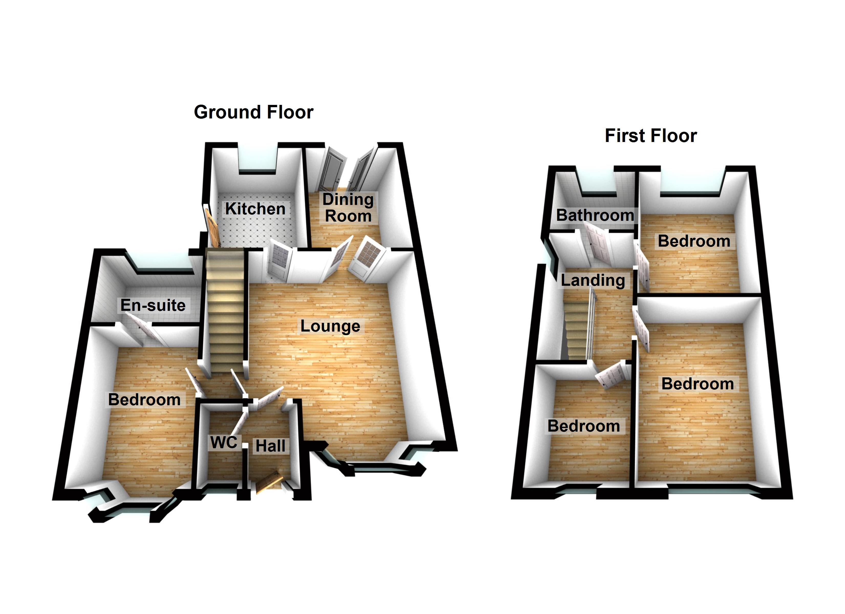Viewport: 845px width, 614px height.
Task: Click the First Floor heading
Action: [650, 136]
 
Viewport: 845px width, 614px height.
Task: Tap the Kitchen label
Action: [255, 209]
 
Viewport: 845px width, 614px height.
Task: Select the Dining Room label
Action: [348, 208]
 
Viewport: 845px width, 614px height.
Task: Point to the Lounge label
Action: [330, 326]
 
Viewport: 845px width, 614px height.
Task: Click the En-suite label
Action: [153, 305]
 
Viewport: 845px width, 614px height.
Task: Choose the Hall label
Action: [270, 446]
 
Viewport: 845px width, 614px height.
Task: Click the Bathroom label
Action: [595, 215]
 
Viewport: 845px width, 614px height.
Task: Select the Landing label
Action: [593, 280]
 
